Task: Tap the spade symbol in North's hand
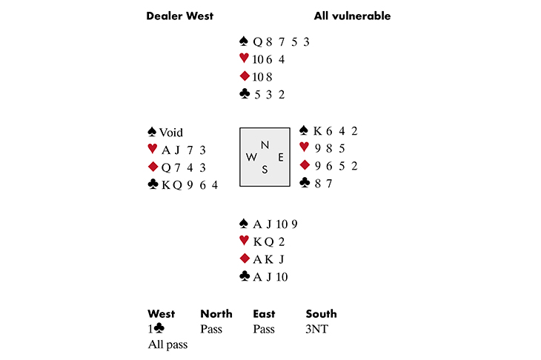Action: point(244,41)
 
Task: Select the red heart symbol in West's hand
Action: point(153,150)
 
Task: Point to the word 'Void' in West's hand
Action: point(171,133)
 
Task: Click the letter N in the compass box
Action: point(265,144)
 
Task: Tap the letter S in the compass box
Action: point(265,170)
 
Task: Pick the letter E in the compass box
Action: point(279,157)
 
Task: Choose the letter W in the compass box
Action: point(250,157)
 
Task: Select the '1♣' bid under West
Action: point(156,328)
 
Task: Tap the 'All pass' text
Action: point(167,344)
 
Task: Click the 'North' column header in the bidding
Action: point(216,314)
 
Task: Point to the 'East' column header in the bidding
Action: point(265,314)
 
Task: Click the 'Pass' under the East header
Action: point(265,328)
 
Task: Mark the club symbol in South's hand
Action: point(244,277)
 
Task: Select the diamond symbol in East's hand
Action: point(303,165)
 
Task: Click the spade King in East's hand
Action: point(318,131)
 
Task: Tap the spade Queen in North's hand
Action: point(257,41)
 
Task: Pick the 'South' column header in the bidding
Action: point(321,314)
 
